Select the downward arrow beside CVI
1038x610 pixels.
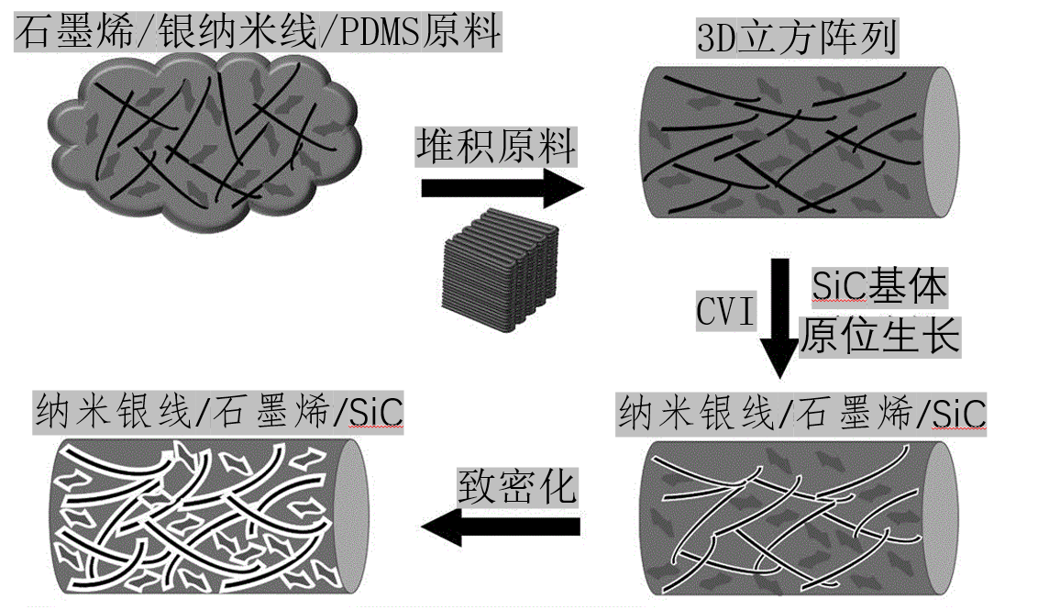point(780,317)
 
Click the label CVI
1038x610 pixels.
point(725,312)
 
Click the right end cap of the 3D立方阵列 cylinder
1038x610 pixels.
point(939,142)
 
